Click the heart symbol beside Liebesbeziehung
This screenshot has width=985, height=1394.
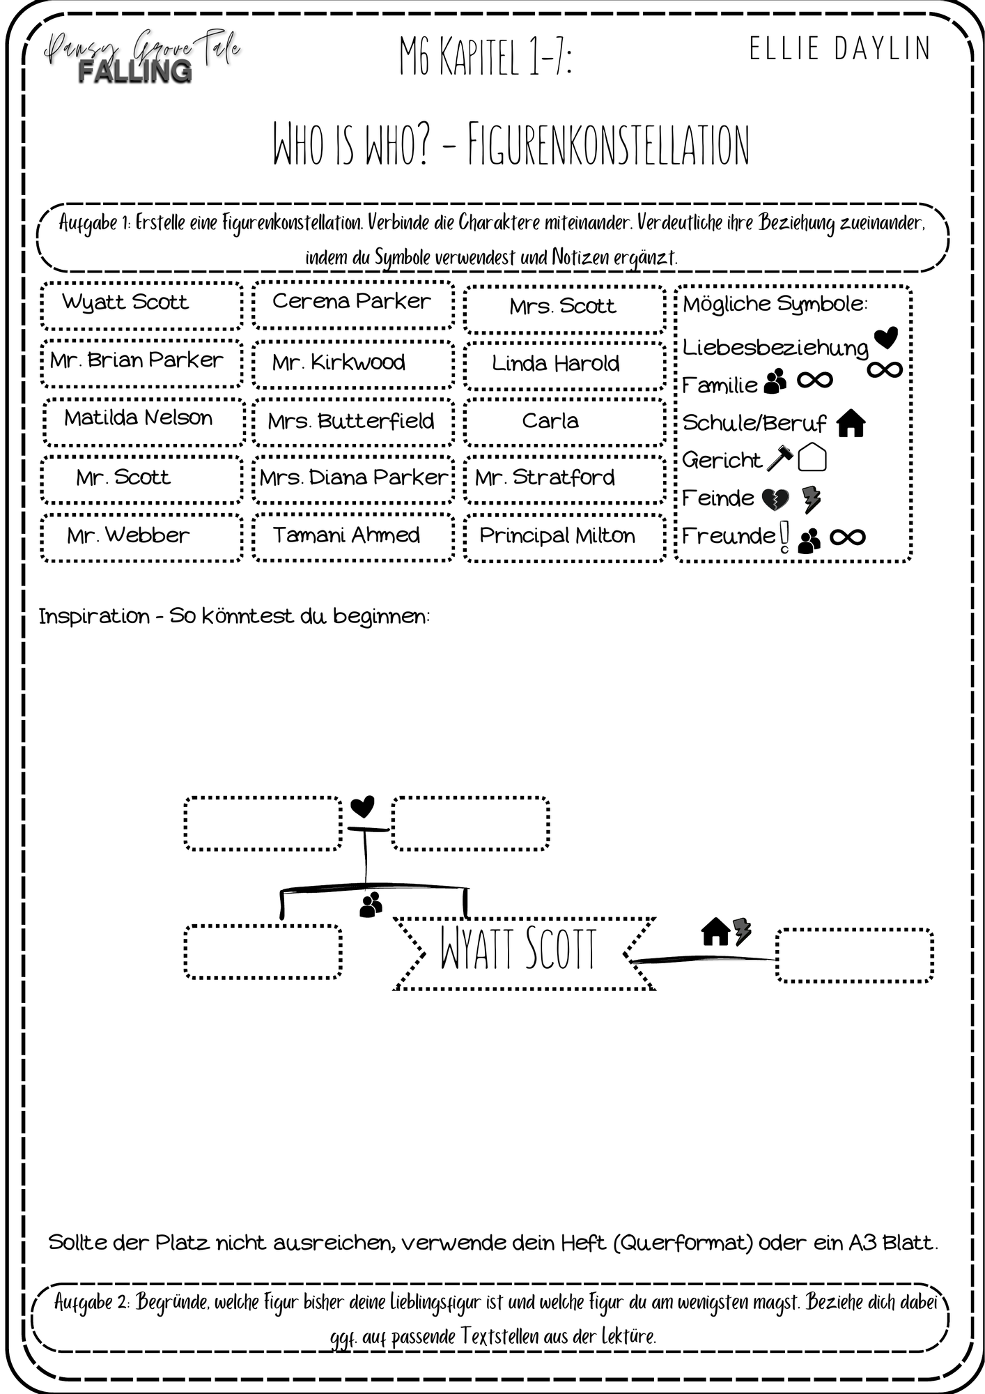(886, 338)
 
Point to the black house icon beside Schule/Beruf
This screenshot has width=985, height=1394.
(851, 423)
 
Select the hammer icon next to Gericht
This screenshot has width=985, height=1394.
(779, 457)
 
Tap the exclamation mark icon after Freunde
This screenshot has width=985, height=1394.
(784, 537)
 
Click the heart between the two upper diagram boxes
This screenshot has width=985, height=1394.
(362, 807)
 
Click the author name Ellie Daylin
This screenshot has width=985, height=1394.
(840, 49)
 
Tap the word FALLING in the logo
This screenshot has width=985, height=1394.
(135, 71)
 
